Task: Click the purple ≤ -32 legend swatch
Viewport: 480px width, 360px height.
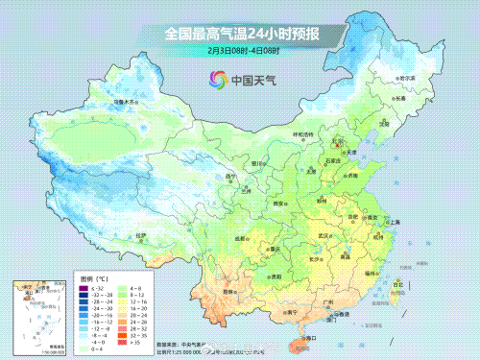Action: tap(84, 287)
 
